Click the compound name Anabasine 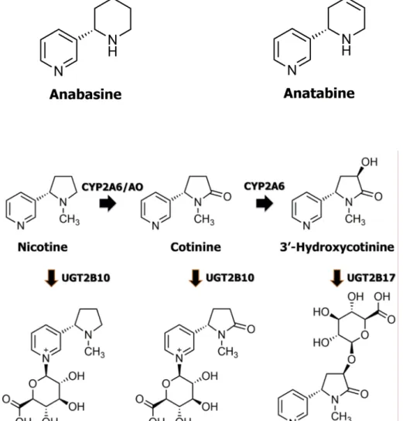click(x=86, y=94)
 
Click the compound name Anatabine click(x=319, y=93)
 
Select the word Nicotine click(x=43, y=247)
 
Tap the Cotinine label click(x=196, y=247)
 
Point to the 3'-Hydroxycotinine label click(x=337, y=247)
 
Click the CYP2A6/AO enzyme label click(x=112, y=187)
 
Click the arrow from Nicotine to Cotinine click(x=108, y=203)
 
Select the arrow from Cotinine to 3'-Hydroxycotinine click(x=265, y=203)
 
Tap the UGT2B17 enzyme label click(x=371, y=277)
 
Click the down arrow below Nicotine click(x=51, y=278)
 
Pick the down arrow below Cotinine click(x=196, y=278)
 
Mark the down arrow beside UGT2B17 click(x=336, y=278)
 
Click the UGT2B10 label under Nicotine click(x=86, y=277)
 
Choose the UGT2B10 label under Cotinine click(x=230, y=277)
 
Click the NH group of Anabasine click(x=113, y=46)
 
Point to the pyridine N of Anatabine click(x=292, y=70)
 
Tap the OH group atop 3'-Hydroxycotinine click(x=370, y=162)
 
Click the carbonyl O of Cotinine click(x=227, y=196)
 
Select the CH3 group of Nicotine click(x=70, y=219)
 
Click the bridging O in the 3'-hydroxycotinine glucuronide click(x=352, y=359)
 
